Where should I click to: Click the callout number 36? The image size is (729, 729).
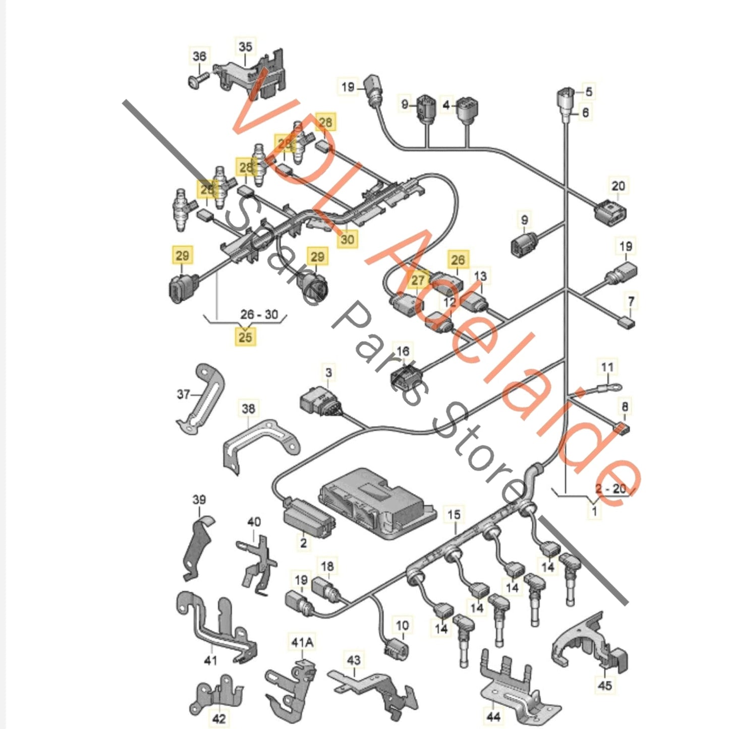pos(199,55)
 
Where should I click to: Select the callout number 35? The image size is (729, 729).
pos(245,47)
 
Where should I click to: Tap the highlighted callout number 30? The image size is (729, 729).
pos(347,239)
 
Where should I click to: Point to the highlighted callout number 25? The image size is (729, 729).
pos(245,337)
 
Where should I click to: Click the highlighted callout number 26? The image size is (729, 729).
pos(458,260)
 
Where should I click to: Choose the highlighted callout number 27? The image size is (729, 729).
pos(418,280)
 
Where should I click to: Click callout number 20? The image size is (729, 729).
pos(618,186)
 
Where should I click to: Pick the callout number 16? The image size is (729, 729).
pos(403,351)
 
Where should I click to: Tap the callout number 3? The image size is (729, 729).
pos(328,373)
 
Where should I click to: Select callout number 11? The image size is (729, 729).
pos(607,367)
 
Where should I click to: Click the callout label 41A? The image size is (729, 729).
pos(302,642)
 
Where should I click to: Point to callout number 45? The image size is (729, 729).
pos(604,685)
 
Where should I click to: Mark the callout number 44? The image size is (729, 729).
pos(493,715)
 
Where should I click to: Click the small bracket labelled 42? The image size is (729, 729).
pos(216,696)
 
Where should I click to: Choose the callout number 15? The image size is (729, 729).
pos(454,515)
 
